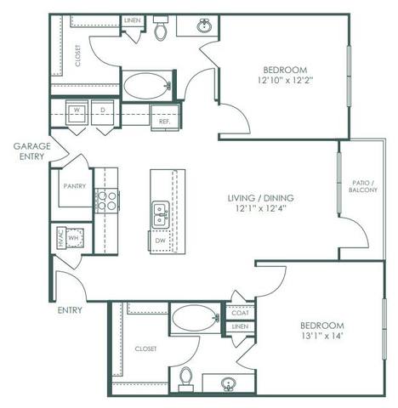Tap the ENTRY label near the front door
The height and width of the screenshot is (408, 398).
click(x=71, y=310)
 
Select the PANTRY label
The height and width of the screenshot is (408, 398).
click(x=74, y=185)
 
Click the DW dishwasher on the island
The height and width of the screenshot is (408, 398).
click(x=160, y=241)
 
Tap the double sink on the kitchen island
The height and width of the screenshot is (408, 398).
click(x=160, y=214)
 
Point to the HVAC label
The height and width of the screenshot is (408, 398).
click(x=60, y=241)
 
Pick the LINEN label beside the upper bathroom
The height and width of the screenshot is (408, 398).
click(x=133, y=19)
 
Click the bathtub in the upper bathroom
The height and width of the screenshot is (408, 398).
click(x=146, y=86)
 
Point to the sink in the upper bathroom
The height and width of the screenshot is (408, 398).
click(x=205, y=26)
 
